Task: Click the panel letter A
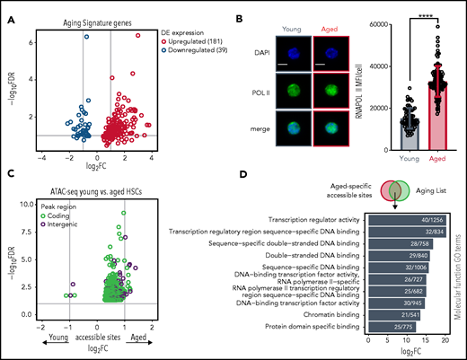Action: pos(8,9)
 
